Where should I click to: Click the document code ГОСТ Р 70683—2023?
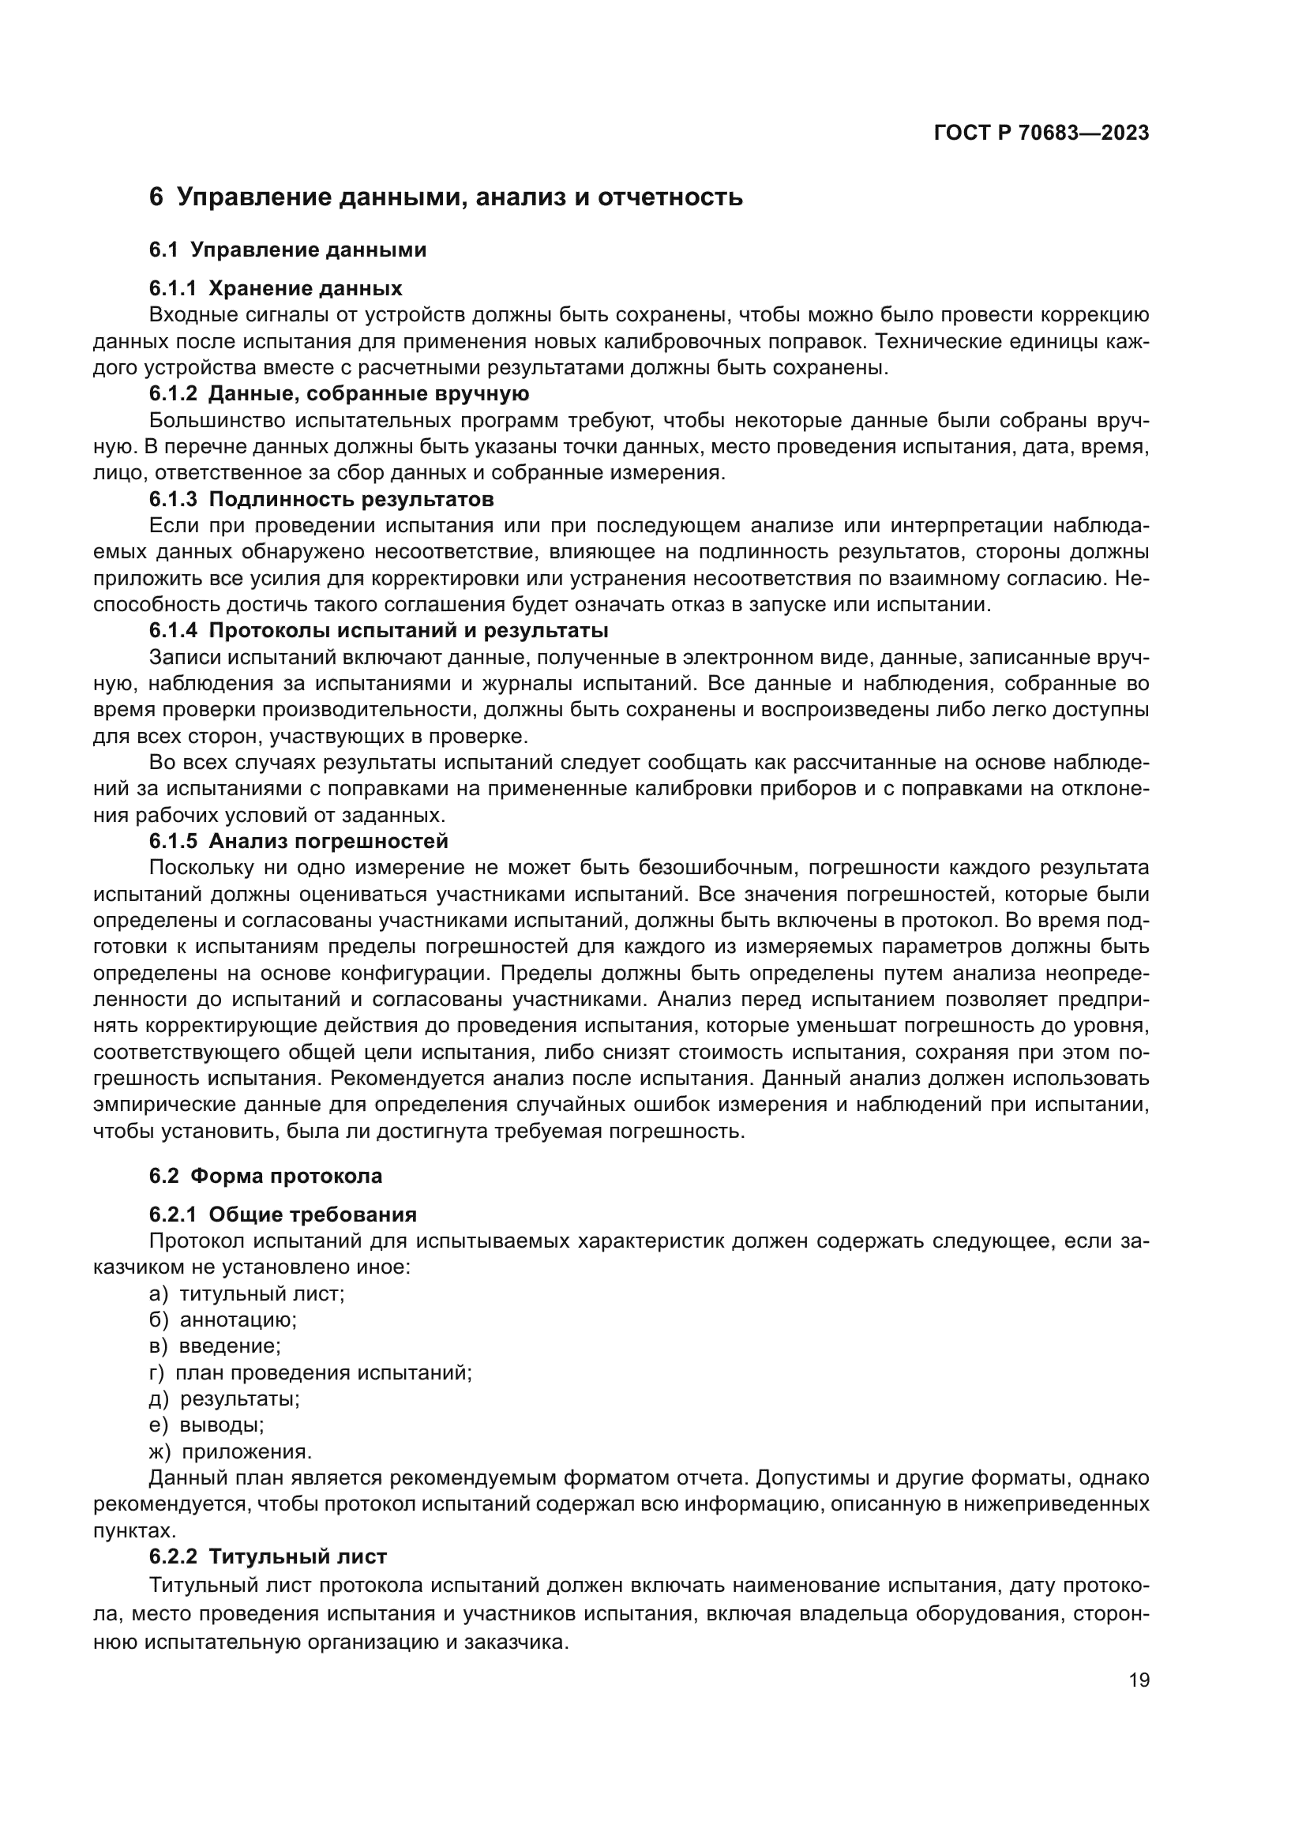click(1041, 133)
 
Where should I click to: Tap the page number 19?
click(1139, 1680)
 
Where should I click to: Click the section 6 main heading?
click(445, 197)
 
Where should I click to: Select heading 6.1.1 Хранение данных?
click(275, 288)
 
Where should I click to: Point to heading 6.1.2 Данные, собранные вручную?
click(339, 393)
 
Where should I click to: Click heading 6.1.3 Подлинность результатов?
click(321, 499)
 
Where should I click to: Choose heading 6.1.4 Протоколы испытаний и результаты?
click(378, 629)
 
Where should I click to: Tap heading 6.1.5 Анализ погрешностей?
click(298, 841)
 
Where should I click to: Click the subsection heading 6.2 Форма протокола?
click(265, 1175)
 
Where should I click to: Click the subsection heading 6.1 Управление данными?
click(287, 250)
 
